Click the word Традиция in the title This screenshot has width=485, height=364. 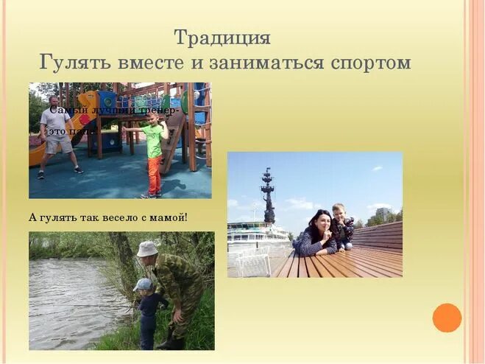tap(222, 37)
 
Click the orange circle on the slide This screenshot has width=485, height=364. tap(447, 318)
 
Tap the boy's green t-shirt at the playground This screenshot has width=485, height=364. tap(154, 140)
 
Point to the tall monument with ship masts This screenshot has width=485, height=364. tap(268, 195)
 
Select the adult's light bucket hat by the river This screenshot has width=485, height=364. tap(148, 249)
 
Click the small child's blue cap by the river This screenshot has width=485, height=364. tap(143, 284)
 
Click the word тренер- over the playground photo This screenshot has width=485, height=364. tap(161, 110)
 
